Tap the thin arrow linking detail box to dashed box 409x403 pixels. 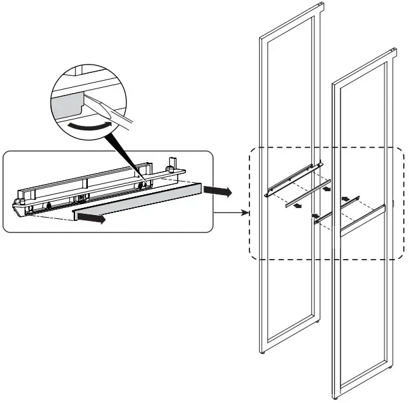[233, 211]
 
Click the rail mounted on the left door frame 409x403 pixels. [292, 180]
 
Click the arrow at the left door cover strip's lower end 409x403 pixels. [296, 207]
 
